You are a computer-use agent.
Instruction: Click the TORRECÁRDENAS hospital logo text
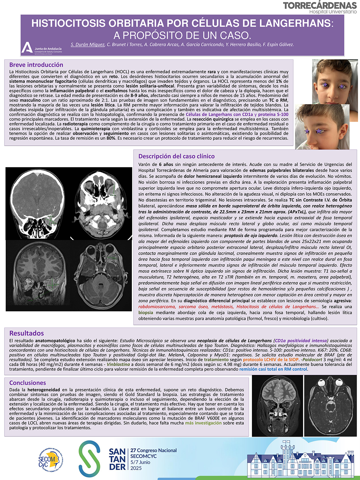click(x=319, y=6)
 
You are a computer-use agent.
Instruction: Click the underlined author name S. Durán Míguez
click(x=87, y=44)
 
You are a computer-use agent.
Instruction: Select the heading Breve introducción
click(x=36, y=65)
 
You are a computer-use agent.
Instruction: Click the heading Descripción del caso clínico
click(x=176, y=156)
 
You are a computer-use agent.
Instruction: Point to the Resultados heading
click(x=27, y=333)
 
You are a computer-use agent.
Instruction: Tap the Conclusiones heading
click(x=28, y=383)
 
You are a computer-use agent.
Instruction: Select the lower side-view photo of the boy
click(x=322, y=127)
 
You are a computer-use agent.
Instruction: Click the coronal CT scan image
click(x=36, y=203)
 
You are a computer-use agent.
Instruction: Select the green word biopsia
click(x=146, y=312)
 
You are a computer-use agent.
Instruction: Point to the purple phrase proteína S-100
click(x=273, y=114)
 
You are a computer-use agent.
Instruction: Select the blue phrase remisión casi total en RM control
click(x=273, y=369)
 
